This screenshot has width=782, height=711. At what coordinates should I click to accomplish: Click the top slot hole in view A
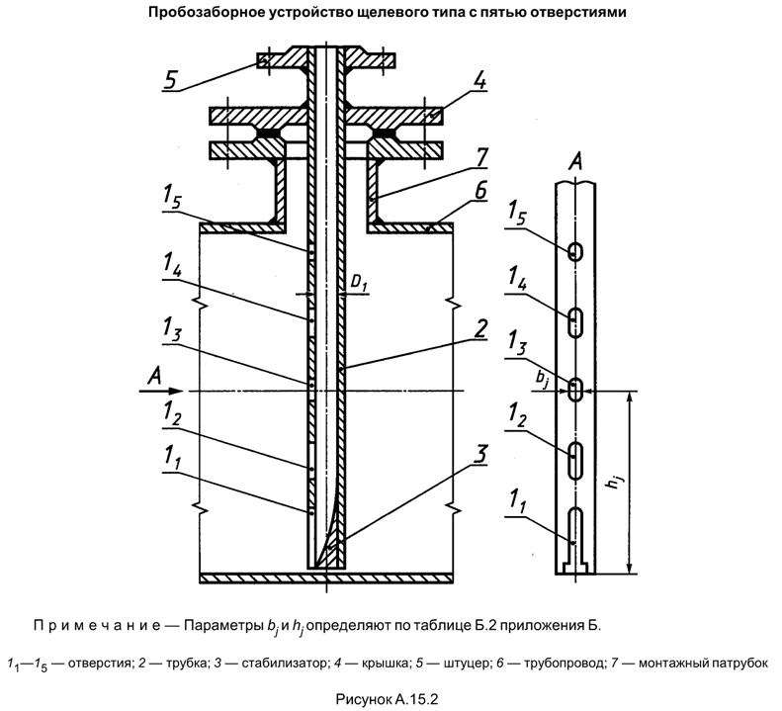pyautogui.click(x=574, y=252)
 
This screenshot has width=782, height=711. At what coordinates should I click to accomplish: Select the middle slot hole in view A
pyautogui.click(x=574, y=388)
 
